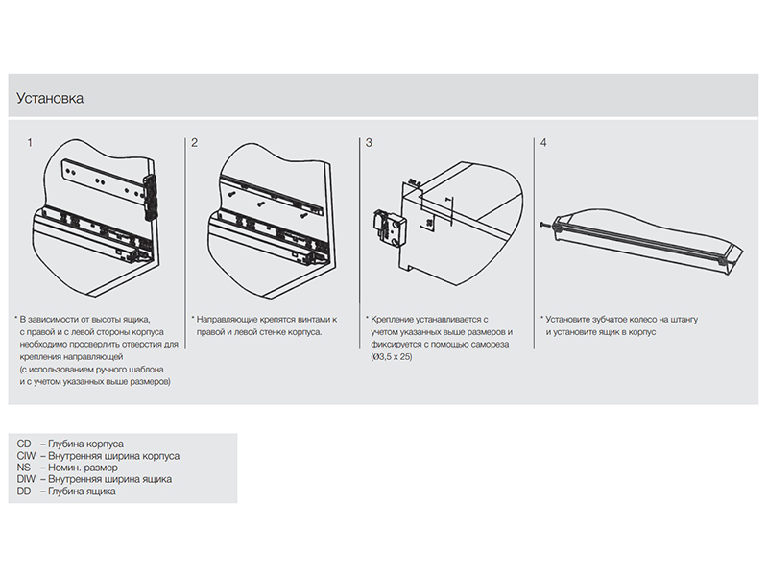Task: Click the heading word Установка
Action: pyautogui.click(x=50, y=98)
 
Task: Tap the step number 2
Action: pyautogui.click(x=194, y=143)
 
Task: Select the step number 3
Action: pyautogui.click(x=370, y=143)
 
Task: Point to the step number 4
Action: pyautogui.click(x=544, y=143)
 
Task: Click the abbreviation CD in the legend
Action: pyautogui.click(x=25, y=445)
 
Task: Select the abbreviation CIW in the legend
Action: pyautogui.click(x=27, y=457)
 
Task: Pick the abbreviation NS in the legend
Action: pyautogui.click(x=25, y=468)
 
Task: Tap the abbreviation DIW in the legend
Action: pyautogui.click(x=27, y=479)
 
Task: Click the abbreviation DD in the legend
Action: pyautogui.click(x=25, y=491)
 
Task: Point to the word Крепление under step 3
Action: pyautogui.click(x=394, y=319)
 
